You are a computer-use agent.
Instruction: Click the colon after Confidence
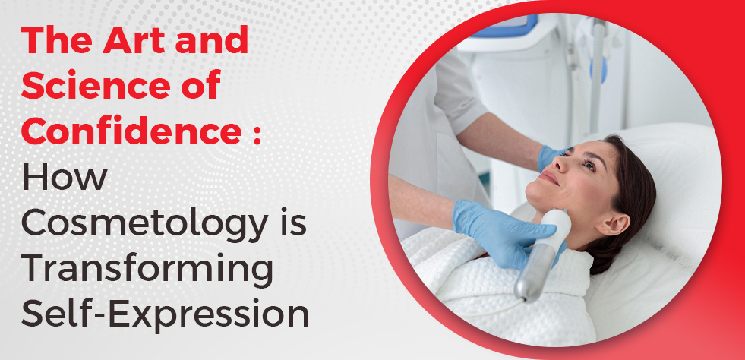pos(257,134)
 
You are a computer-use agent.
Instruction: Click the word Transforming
pos(147,270)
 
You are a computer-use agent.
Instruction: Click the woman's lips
pos(550,178)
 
